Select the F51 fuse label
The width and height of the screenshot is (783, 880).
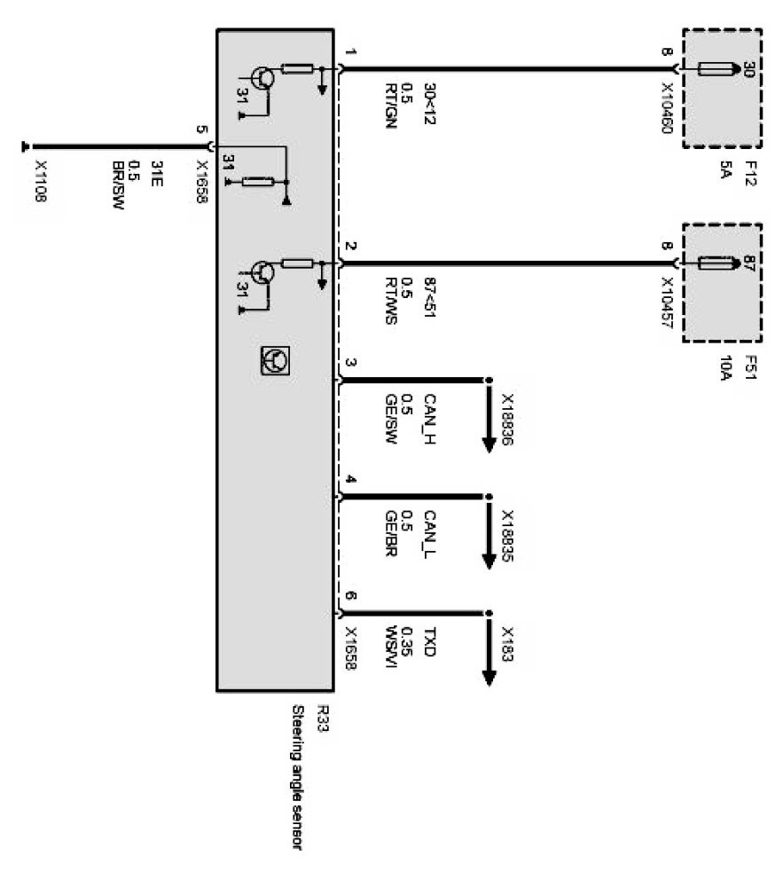pyautogui.click(x=750, y=368)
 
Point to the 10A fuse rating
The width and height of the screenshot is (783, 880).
pyautogui.click(x=724, y=369)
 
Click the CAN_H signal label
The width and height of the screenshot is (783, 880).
pyautogui.click(x=432, y=417)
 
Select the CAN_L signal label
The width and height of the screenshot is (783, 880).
pyautogui.click(x=432, y=533)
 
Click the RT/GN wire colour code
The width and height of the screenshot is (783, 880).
pyautogui.click(x=389, y=106)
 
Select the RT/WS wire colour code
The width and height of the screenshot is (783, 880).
pyautogui.click(x=389, y=302)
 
